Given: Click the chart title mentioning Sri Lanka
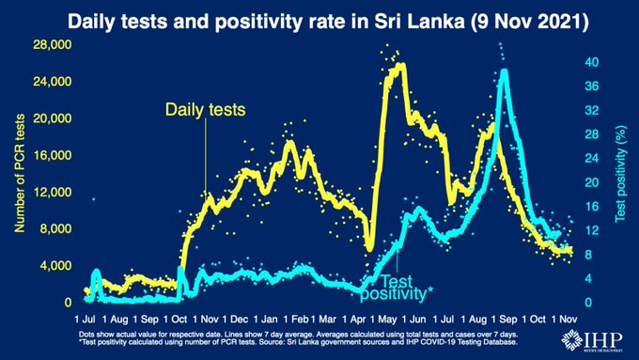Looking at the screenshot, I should click(319, 18).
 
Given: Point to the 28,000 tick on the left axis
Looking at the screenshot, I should click(53, 45).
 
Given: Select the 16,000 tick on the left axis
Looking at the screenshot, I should click(53, 156).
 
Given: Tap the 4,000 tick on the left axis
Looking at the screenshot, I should click(55, 266).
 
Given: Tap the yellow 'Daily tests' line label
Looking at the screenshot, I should click(205, 110).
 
